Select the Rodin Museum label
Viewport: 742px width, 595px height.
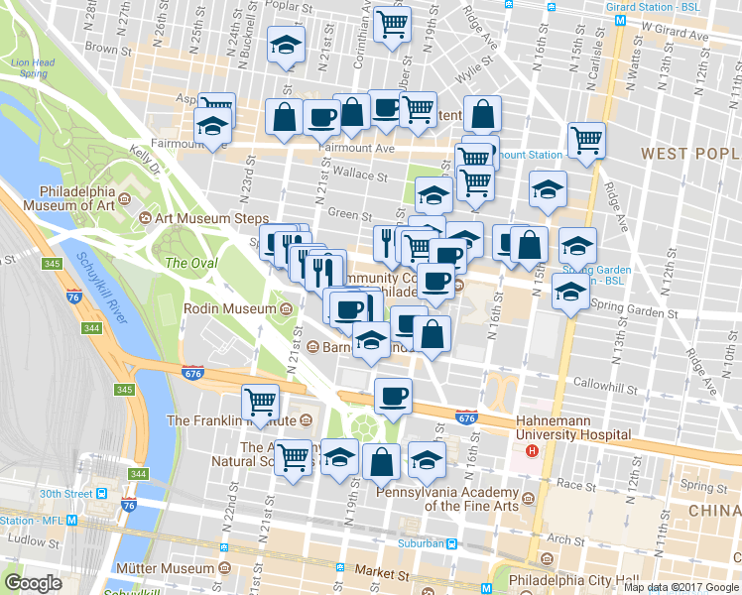(229, 309)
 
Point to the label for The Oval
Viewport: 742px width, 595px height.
(189, 263)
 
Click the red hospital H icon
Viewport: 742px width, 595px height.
(532, 450)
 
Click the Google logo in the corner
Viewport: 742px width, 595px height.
(33, 583)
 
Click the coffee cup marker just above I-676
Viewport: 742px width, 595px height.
(393, 396)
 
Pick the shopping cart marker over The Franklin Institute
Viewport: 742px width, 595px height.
(260, 403)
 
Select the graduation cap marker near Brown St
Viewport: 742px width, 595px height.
(288, 47)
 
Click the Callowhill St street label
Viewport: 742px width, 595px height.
(595, 383)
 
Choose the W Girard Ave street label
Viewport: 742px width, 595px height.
(675, 36)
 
